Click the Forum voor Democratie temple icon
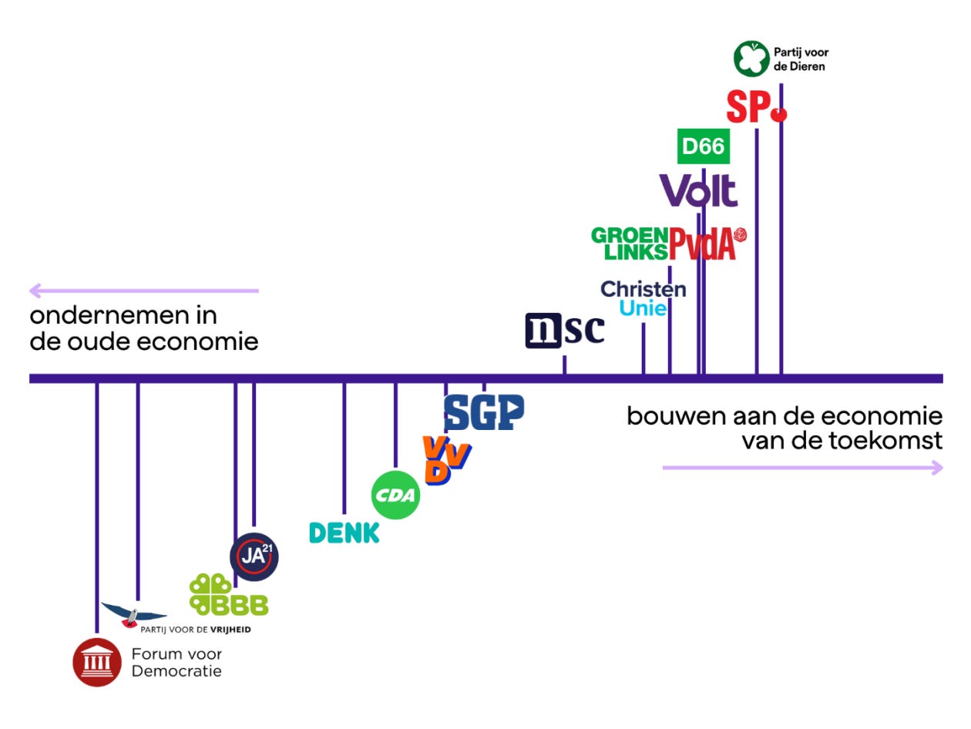97,662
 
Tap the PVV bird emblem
134,614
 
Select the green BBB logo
228,595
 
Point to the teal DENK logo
344,532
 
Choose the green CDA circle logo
396,495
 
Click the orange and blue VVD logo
445,459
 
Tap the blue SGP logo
483,412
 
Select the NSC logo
565,330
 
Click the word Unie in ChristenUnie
643,308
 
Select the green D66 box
703,146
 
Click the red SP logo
755,108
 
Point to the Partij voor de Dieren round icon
751,59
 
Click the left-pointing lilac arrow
143,291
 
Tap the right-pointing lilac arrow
801,467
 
